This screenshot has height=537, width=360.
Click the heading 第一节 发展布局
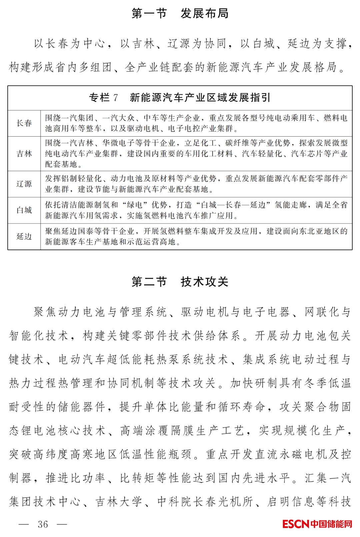(180, 14)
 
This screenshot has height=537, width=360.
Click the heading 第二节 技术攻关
(180, 282)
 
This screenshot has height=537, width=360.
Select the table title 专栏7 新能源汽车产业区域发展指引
(180, 98)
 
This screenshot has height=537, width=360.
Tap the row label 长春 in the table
(24, 123)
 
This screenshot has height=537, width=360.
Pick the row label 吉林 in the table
(24, 154)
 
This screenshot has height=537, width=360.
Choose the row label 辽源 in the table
(24, 184)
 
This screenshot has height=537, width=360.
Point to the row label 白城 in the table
(24, 210)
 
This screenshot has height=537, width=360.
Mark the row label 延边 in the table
(24, 237)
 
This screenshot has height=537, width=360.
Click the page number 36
(43, 524)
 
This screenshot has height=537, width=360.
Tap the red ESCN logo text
(296, 524)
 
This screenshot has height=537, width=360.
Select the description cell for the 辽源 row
(196, 184)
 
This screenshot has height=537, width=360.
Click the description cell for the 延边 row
(196, 237)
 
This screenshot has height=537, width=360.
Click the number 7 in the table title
(115, 98)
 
